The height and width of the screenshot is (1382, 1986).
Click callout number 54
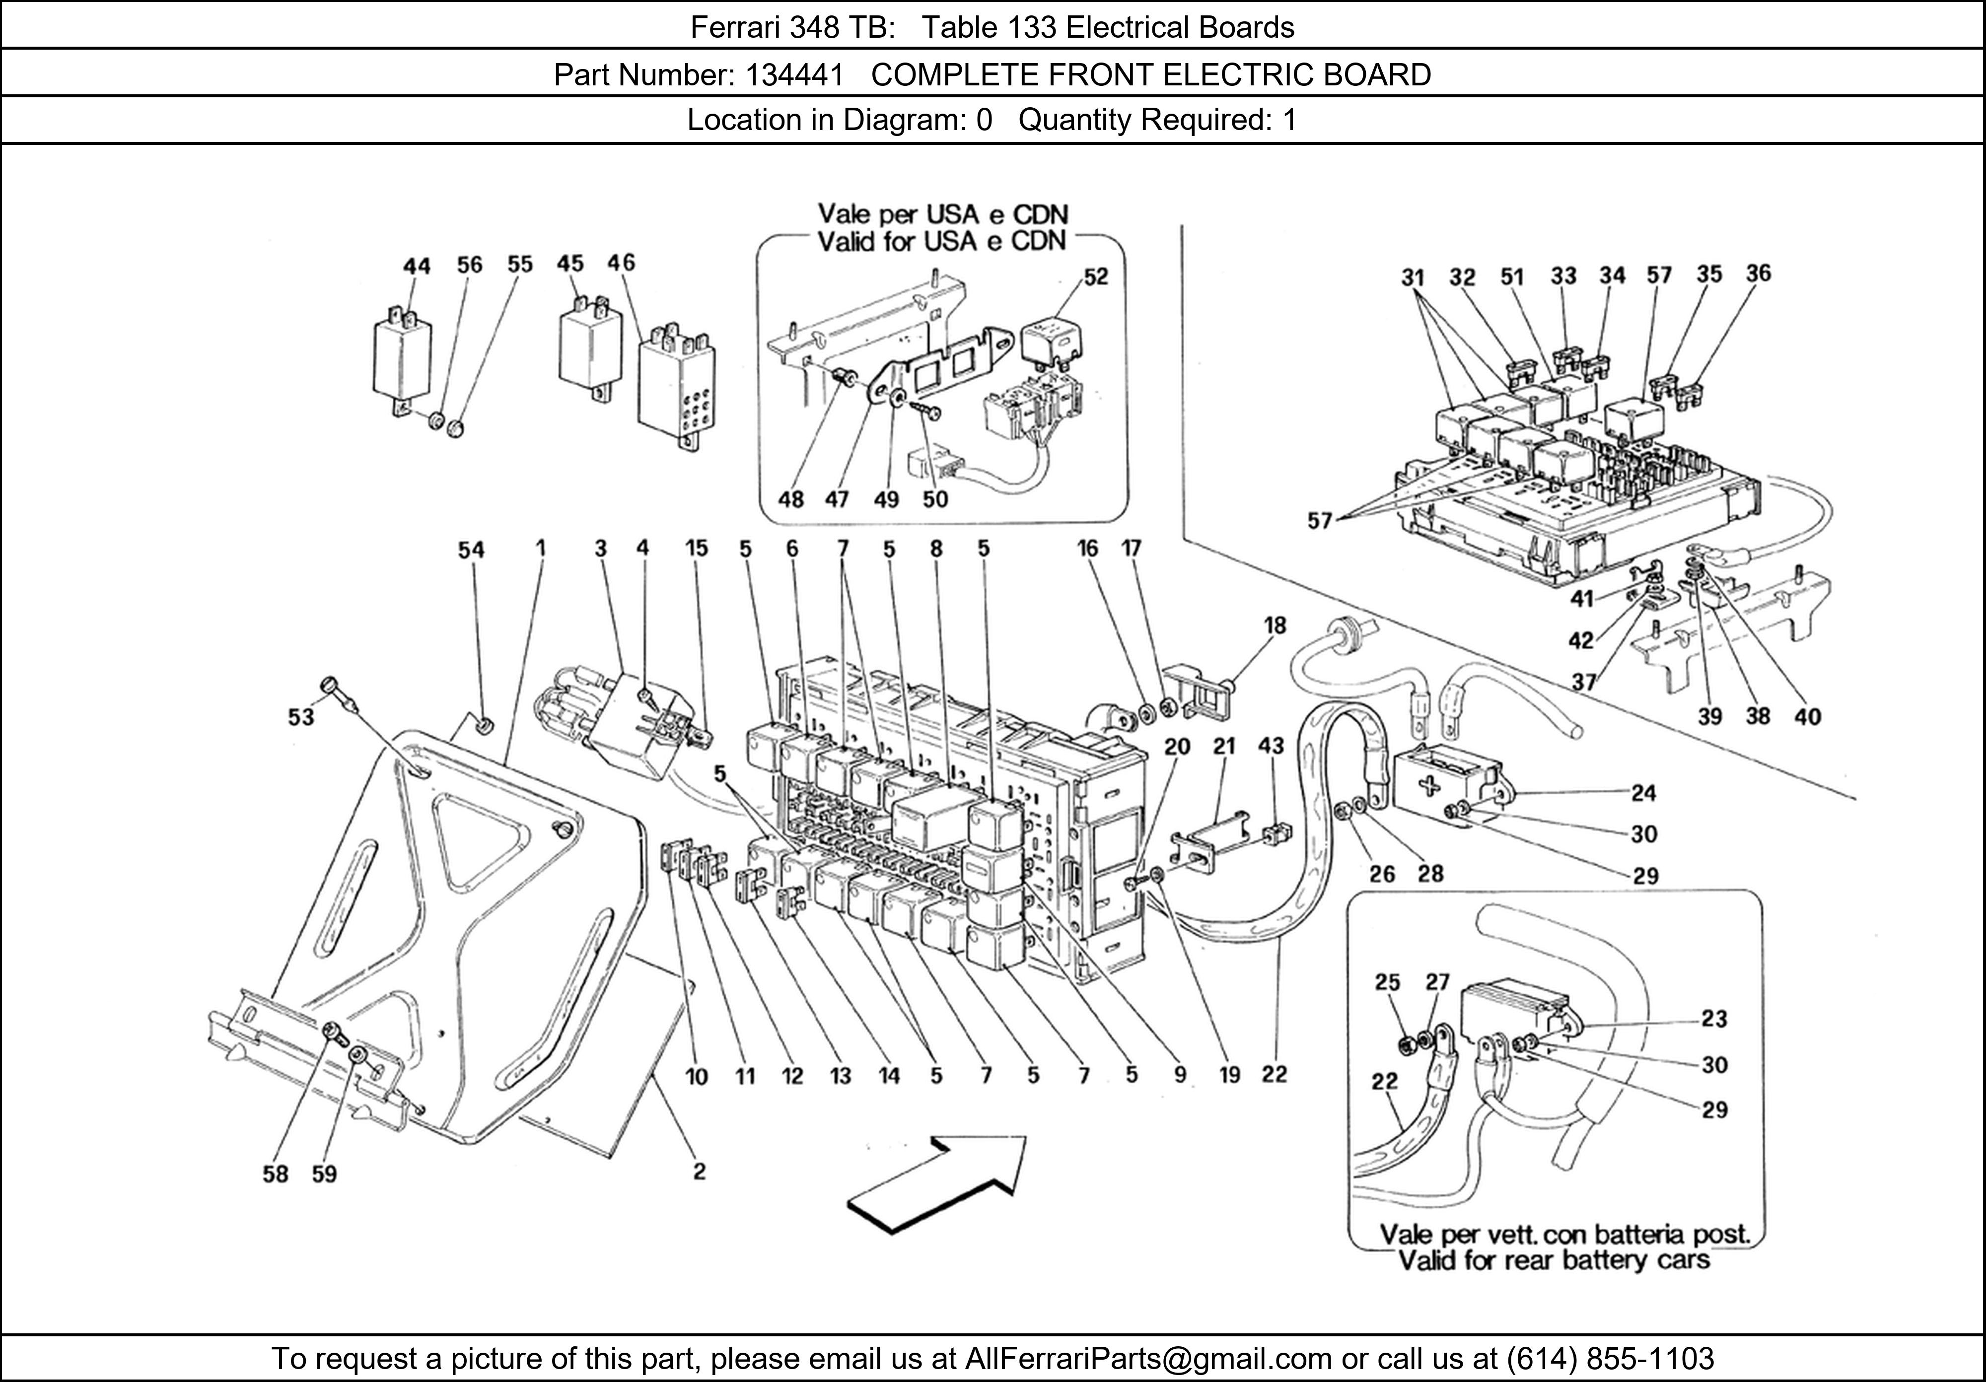click(471, 550)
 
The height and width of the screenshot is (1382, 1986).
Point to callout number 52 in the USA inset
click(1095, 276)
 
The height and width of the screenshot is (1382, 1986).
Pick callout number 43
click(1271, 746)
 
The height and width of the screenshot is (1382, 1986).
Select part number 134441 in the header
click(794, 75)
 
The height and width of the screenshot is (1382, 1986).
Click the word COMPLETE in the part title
click(951, 75)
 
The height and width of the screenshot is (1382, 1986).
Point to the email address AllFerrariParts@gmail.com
click(1148, 1359)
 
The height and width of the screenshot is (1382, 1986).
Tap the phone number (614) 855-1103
click(1611, 1359)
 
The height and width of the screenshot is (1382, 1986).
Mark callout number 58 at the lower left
click(275, 1174)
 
